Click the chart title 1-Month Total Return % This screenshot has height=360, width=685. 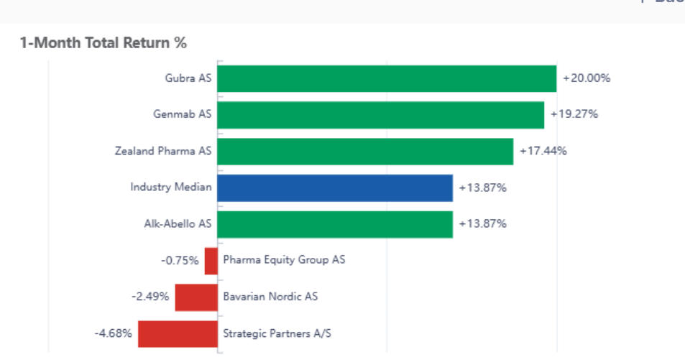pos(104,43)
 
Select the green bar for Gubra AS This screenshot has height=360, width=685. pos(387,78)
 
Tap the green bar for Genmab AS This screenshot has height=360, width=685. pos(380,115)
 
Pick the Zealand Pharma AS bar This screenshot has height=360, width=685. pos(365,152)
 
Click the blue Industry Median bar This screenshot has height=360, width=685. pos(335,188)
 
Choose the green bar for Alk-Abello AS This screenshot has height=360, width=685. pos(335,224)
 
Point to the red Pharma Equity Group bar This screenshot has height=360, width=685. pos(211,261)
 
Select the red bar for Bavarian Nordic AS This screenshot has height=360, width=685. pos(196,297)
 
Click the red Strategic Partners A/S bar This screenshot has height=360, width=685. pos(178,333)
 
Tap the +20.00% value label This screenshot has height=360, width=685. pos(587,78)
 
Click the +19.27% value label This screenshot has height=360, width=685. pos(574,114)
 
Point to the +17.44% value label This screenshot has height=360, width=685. pos(543,151)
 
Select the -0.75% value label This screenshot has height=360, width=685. pos(180,260)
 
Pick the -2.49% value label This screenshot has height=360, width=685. pos(150,296)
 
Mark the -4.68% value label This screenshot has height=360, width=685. pos(113,333)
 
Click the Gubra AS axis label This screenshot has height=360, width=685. pos(188,78)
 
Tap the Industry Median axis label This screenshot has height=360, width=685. pos(171,188)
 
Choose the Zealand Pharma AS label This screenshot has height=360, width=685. pos(163,151)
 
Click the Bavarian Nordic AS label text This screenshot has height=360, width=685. pos(270,296)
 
